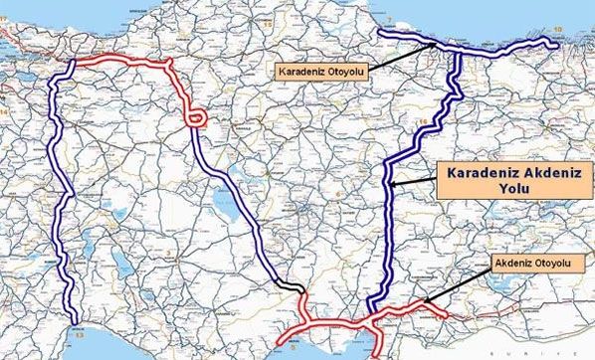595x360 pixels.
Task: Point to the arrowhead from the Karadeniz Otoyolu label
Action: click(436, 45)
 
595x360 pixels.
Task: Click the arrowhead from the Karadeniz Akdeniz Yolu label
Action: click(391, 184)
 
